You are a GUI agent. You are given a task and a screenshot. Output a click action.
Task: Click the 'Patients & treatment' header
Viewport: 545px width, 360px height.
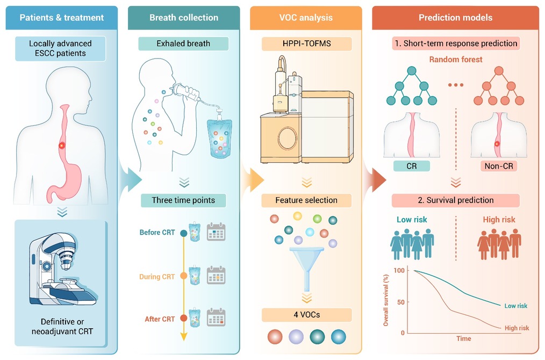pyautogui.click(x=61, y=18)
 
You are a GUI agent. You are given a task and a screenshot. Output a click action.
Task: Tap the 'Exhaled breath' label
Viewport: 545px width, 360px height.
pyautogui.click(x=183, y=44)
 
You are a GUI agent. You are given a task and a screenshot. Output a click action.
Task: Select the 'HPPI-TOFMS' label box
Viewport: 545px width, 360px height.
pyautogui.click(x=306, y=44)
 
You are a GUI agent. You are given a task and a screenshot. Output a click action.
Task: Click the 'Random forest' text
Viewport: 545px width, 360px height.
pyautogui.click(x=456, y=60)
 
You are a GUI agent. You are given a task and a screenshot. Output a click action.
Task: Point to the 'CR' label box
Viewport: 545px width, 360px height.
pyautogui.click(x=412, y=166)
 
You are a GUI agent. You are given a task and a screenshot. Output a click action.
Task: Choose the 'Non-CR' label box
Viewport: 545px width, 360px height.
pyautogui.click(x=499, y=166)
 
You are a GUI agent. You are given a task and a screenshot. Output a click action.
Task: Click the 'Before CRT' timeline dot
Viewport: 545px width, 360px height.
pyautogui.click(x=183, y=233)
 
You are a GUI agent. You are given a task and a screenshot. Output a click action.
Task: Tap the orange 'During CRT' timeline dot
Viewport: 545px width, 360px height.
pyautogui.click(x=183, y=276)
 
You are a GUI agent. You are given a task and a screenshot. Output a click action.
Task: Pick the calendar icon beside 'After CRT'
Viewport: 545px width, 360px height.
pyautogui.click(x=216, y=317)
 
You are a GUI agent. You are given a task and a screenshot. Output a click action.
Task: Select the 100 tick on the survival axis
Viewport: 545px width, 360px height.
pyautogui.click(x=399, y=270)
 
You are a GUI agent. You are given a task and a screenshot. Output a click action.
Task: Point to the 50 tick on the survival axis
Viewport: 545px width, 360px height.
pyautogui.click(x=401, y=302)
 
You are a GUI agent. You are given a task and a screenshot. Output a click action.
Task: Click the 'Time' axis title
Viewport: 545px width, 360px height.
pyautogui.click(x=464, y=339)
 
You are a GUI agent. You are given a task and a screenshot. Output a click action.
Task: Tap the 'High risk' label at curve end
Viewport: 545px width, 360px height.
pyautogui.click(x=517, y=328)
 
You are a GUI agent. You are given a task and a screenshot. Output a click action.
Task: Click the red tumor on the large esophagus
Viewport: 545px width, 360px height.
pyautogui.click(x=62, y=146)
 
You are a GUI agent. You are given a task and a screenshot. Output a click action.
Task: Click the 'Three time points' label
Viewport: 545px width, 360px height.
pyautogui.click(x=183, y=200)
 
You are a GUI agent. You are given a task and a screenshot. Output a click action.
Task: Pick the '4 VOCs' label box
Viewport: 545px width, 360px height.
pyautogui.click(x=306, y=315)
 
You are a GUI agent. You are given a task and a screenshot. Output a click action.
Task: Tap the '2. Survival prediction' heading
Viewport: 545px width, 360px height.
pyautogui.click(x=456, y=200)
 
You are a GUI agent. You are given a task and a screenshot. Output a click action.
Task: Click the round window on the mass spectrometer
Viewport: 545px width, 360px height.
pyautogui.click(x=287, y=138)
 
